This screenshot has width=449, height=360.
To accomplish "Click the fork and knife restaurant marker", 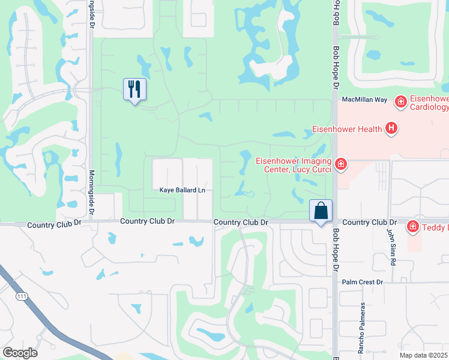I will click(134, 89).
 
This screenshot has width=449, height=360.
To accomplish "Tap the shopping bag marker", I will click(321, 211).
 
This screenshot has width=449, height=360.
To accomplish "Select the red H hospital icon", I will click(391, 128).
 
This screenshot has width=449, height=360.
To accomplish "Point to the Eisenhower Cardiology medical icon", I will click(400, 103).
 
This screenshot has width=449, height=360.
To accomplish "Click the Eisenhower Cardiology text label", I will click(429, 103).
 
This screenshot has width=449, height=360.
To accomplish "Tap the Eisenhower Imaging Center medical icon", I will click(341, 164).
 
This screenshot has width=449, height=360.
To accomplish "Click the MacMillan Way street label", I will click(365, 100).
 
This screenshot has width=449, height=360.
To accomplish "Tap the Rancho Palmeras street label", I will click(361, 326).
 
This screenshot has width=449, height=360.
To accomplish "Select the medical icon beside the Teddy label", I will click(412, 227).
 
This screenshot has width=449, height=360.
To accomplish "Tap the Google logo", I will click(20, 352).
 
